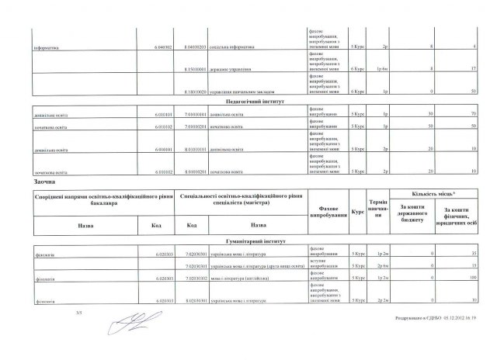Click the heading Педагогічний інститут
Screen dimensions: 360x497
tap(248, 102)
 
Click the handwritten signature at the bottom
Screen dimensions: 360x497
tap(132, 321)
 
